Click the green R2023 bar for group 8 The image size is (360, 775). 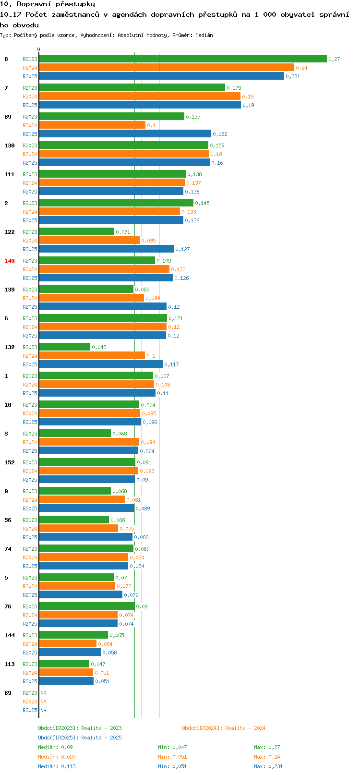click(182, 59)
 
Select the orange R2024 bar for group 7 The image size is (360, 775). click(140, 97)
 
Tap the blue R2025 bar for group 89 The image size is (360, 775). click(125, 134)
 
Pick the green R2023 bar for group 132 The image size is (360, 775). click(64, 347)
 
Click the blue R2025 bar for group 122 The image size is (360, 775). click(106, 249)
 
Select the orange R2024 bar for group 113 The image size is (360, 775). click(66, 673)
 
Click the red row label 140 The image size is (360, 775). click(10, 261)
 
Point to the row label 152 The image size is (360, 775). click(10, 462)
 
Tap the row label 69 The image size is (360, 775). click(8, 693)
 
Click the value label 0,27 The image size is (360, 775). click(334, 59)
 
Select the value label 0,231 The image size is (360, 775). click(293, 76)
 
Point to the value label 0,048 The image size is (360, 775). click(99, 347)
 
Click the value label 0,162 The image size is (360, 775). click(220, 134)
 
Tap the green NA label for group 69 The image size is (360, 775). click(43, 693)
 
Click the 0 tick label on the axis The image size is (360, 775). click(39, 49)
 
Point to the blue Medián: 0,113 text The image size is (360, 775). click(57, 766)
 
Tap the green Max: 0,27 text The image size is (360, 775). click(267, 747)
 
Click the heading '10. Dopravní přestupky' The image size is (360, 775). click(48, 4)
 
